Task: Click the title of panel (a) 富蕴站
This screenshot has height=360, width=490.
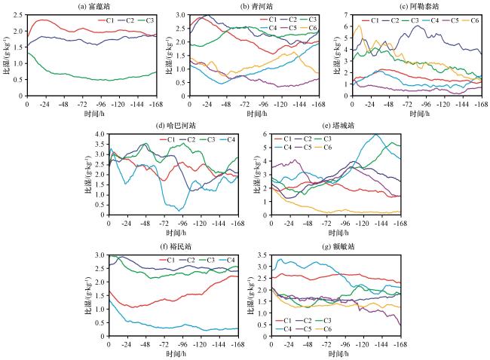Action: (92, 5)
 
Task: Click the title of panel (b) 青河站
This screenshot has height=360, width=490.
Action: (241, 5)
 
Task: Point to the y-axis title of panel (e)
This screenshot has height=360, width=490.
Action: (254, 176)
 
